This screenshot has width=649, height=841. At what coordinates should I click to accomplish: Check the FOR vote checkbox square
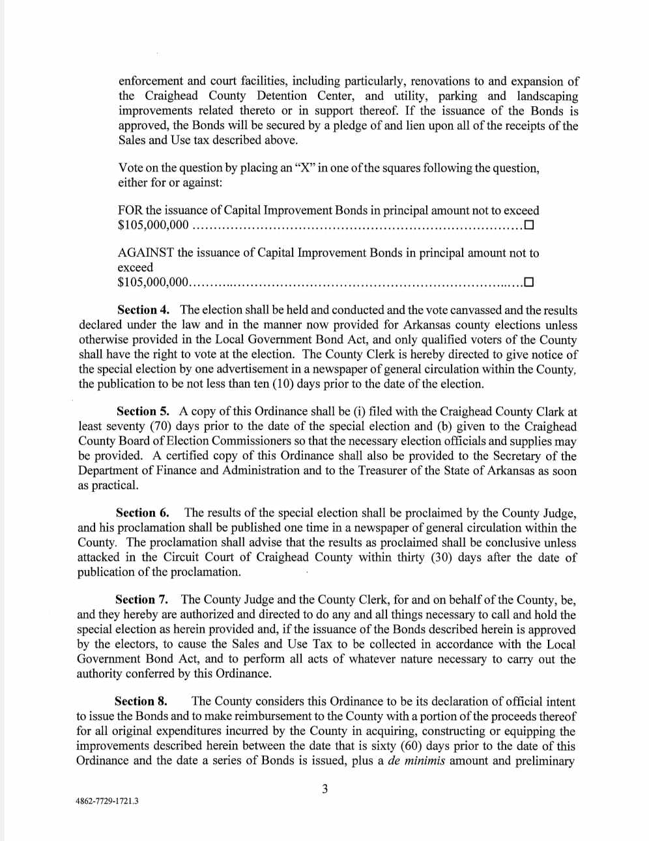click(x=529, y=226)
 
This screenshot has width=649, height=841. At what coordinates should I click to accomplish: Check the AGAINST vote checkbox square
click(x=529, y=283)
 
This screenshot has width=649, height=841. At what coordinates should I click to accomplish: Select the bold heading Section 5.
click(x=143, y=412)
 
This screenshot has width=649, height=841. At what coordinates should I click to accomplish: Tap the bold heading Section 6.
click(x=142, y=513)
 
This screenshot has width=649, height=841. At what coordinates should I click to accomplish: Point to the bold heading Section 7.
click(x=141, y=599)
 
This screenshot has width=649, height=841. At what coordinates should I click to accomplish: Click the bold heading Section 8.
click(x=141, y=702)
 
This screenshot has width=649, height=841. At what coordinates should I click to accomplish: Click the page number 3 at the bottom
click(x=325, y=790)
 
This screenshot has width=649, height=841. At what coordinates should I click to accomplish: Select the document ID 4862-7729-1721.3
click(x=107, y=801)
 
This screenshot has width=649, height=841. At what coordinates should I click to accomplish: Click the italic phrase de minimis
click(x=416, y=761)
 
